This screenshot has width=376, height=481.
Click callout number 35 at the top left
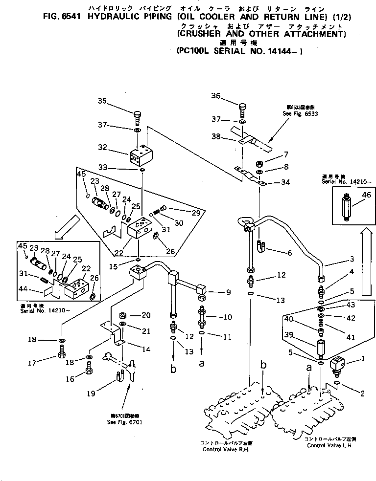102,101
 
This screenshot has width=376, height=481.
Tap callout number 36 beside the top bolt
216,96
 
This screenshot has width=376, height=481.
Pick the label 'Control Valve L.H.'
329,446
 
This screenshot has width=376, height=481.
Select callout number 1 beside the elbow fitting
363,359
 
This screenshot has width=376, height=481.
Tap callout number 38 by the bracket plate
216,138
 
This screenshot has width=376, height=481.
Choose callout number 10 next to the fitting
228,317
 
